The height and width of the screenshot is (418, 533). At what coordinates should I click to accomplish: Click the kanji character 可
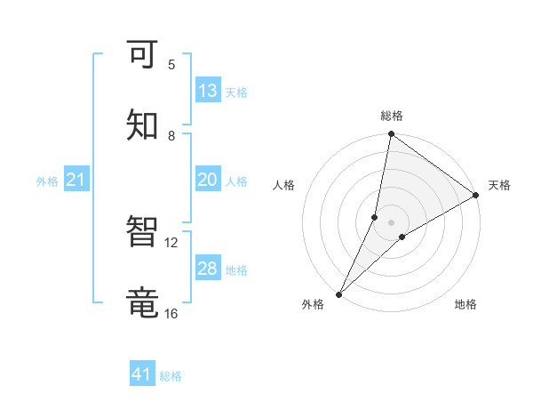tap(143, 56)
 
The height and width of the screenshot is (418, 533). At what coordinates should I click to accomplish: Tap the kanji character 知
tap(143, 127)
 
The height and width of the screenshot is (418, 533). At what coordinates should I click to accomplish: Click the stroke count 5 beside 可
tap(171, 64)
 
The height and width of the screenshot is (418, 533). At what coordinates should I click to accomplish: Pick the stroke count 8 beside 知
tap(171, 135)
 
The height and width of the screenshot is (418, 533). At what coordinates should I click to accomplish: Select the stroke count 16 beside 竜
tap(171, 313)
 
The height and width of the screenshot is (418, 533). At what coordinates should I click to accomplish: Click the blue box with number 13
tap(208, 91)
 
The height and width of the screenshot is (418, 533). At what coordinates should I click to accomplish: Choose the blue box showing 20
tap(208, 180)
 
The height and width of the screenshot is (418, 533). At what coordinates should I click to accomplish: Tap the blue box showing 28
tap(208, 269)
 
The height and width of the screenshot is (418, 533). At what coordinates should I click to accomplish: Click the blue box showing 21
tap(76, 181)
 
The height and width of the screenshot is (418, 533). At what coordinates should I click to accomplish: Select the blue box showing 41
tap(142, 374)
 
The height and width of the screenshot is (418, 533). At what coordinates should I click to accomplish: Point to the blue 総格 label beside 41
tap(171, 376)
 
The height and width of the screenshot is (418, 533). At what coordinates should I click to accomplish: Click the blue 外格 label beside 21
tap(47, 181)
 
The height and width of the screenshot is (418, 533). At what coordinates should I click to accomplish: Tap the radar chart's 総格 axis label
tap(392, 116)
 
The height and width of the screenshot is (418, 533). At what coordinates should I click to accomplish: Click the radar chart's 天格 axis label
tap(499, 185)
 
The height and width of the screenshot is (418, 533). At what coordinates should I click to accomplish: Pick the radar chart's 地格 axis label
tap(465, 304)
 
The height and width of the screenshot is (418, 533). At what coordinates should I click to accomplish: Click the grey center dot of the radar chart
tap(392, 221)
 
